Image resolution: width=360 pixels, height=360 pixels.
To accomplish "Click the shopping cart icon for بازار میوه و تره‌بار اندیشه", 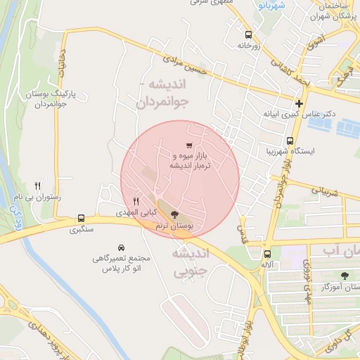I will click(189, 145).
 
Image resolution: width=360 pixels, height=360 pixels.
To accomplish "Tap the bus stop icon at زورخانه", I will click(247, 34).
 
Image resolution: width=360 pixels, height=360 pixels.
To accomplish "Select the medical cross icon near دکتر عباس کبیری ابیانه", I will click(300, 103).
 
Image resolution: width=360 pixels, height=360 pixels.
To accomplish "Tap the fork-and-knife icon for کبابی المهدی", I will click(136, 200).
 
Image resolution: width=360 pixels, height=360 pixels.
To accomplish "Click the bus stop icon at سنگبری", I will click(82, 218).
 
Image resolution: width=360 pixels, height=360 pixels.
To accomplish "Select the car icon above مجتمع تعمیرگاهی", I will click(122, 247).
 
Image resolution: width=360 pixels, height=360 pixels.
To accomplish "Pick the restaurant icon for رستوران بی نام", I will click(37, 186).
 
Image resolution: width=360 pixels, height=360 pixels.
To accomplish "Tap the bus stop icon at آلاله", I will click(267, 254).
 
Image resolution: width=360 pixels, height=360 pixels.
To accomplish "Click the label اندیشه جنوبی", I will click(191, 259).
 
